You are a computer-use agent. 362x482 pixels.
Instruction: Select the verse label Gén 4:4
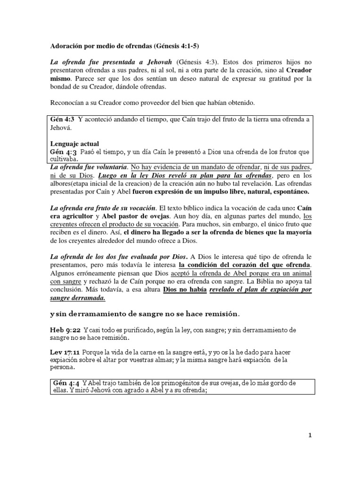[66, 383]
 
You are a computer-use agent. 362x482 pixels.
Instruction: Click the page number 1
[310, 435]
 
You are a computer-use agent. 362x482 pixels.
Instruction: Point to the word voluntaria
[110, 167]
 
